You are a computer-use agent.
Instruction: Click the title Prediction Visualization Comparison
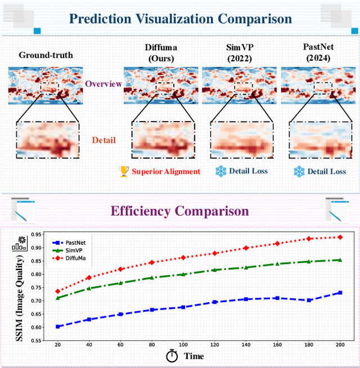[x=180, y=19]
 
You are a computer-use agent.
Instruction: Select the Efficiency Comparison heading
[x=179, y=211]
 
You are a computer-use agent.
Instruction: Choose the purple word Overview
[x=103, y=84]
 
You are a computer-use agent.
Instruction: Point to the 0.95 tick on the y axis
[x=37, y=235]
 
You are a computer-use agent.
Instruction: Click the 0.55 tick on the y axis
[x=37, y=340]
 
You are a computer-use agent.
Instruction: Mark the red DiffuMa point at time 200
[x=339, y=237]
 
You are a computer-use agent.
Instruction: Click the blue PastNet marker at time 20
[x=57, y=326]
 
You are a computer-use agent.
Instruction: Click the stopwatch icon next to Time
[x=172, y=356]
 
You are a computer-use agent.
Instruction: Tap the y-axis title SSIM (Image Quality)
[x=20, y=291]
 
